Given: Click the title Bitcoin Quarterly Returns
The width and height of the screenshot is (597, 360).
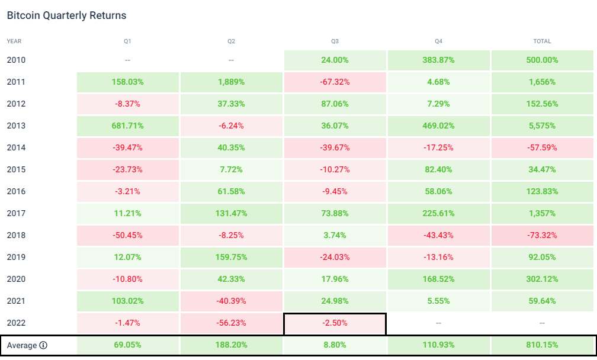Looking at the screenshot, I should point(66,15).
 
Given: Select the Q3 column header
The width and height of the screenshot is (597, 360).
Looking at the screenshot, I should point(335,41).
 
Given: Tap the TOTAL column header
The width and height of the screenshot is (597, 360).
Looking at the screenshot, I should point(542,41).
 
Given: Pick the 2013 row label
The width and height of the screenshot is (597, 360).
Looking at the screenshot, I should point(16,126).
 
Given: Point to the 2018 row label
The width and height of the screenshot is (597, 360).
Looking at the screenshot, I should point(16,236).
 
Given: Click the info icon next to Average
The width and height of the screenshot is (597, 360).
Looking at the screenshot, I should point(43,346).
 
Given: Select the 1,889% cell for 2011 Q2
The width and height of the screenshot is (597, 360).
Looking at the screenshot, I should point(231,82).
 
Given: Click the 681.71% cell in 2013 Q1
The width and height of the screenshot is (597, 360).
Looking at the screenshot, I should point(127,126).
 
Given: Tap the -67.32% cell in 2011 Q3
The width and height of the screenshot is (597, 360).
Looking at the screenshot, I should point(335,82).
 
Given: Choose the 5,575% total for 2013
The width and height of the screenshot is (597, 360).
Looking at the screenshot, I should point(542,126).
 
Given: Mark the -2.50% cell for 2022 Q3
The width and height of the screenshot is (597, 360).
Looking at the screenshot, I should point(335,323).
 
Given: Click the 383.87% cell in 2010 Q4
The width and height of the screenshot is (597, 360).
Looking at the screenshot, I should point(438,60).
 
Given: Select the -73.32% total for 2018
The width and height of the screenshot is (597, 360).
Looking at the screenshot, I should point(542,236).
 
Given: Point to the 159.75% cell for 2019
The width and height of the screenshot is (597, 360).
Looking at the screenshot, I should point(231,258).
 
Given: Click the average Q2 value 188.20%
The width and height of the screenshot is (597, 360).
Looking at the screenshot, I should point(231,346).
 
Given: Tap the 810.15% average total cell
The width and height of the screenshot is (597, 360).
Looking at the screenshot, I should point(542,346).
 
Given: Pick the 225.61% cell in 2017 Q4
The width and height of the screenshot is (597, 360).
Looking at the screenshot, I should point(438,214).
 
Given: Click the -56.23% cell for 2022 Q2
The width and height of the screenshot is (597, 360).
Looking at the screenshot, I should point(231,323).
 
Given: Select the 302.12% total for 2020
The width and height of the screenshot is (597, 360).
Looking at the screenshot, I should point(542,279).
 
